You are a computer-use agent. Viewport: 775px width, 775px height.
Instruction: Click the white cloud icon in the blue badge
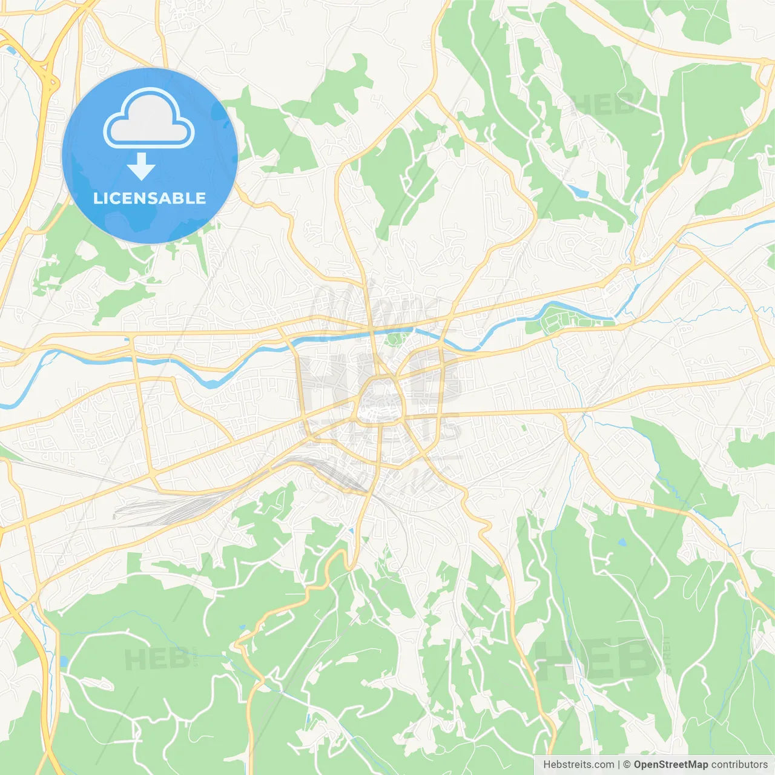[149, 119]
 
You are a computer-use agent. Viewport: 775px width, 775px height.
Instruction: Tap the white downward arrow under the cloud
[142, 167]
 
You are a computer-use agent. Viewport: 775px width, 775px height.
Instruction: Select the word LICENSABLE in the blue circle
[150, 198]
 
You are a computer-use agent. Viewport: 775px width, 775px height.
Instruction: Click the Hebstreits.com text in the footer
[578, 765]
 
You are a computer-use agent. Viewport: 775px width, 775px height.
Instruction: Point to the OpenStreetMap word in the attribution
[670, 765]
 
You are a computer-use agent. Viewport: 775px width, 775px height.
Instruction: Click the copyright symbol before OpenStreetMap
[627, 765]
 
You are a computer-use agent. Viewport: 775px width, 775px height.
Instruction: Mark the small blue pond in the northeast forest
[578, 191]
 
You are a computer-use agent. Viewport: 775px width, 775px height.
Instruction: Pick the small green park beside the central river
[397, 337]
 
